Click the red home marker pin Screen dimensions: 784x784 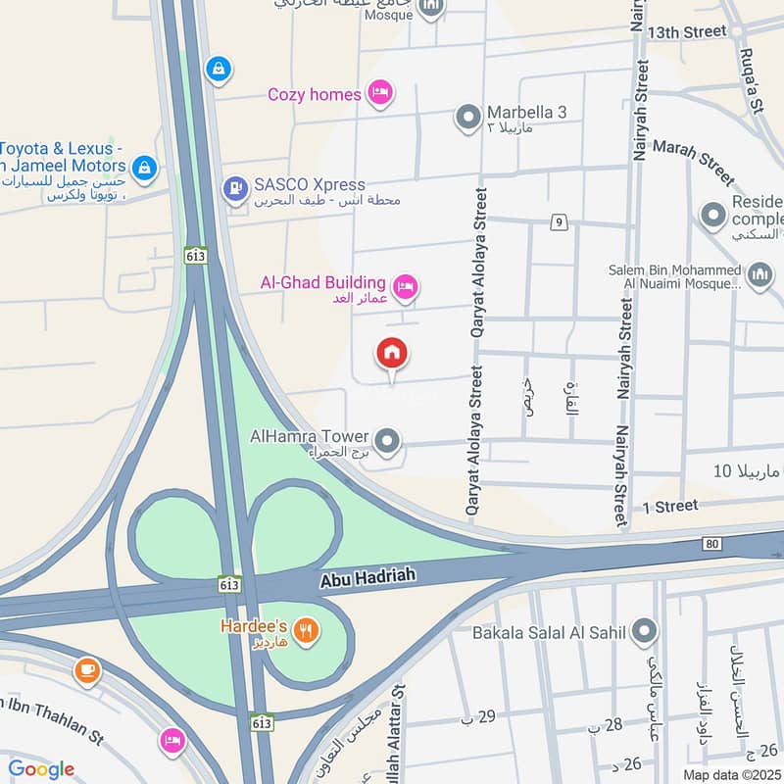pos(392,354)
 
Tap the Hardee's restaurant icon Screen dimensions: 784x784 pos(307,631)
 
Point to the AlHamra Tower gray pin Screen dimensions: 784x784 pos(389,442)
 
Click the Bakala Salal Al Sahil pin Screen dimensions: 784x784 pos(644,632)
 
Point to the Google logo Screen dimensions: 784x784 pos(41,769)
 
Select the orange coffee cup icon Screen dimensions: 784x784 pos(87,670)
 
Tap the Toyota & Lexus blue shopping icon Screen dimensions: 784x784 pos(144,168)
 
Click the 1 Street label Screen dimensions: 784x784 pos(670,506)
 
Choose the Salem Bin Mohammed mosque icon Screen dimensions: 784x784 pos(760,276)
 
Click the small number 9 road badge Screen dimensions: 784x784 pos(559,222)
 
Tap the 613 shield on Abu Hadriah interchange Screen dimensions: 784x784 pos(231,584)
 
